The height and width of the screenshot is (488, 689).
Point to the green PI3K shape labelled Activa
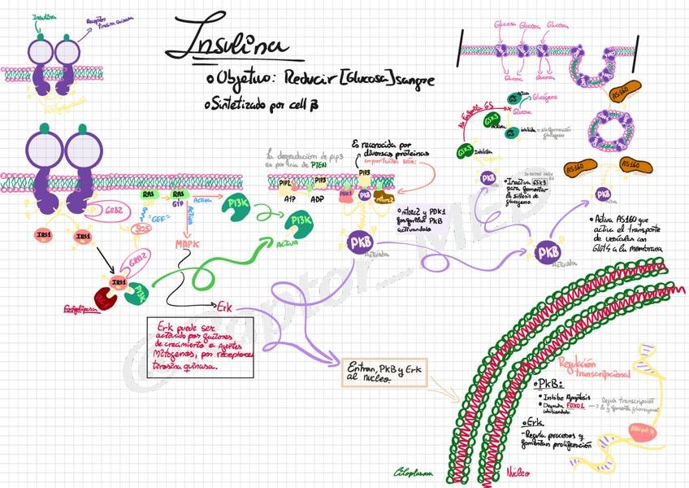(297, 225)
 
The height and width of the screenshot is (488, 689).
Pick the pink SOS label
(142, 229)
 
